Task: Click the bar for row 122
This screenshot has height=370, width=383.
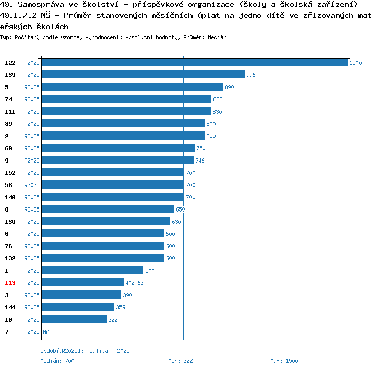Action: click(x=194, y=63)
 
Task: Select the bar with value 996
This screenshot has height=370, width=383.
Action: click(x=142, y=75)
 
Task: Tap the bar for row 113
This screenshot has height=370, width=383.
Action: click(x=82, y=283)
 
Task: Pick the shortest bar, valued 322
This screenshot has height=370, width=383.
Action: click(x=74, y=320)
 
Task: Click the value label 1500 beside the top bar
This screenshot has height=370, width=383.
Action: click(x=355, y=63)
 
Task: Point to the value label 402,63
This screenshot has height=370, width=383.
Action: click(x=135, y=283)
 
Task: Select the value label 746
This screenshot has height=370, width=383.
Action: click(x=200, y=161)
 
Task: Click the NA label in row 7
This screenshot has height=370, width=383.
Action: click(x=46, y=332)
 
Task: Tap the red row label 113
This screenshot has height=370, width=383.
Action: click(x=10, y=283)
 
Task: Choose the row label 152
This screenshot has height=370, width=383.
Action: click(x=10, y=173)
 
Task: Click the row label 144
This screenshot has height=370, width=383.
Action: click(x=10, y=307)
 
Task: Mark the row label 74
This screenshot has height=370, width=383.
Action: click(x=8, y=99)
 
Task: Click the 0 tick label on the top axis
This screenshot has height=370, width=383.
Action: click(x=41, y=52)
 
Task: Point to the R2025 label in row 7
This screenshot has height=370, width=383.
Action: click(x=32, y=332)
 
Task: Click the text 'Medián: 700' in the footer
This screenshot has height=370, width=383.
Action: click(x=57, y=361)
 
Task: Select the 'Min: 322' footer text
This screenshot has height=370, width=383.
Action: click(x=180, y=361)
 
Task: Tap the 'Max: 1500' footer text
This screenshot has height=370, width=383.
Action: click(x=284, y=361)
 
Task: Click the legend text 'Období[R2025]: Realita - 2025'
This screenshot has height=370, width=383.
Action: click(x=85, y=351)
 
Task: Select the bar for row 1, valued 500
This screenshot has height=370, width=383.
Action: click(x=92, y=271)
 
